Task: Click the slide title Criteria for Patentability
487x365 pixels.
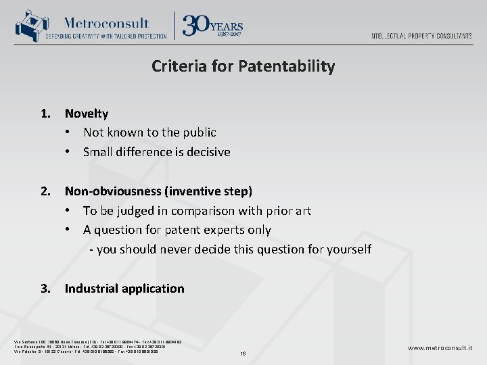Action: [x=243, y=66]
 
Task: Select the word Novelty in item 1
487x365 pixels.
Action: [x=87, y=114]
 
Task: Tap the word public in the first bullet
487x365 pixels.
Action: [x=198, y=132]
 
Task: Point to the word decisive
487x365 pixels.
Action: [x=207, y=152]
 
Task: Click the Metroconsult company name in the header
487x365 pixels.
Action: [x=107, y=22]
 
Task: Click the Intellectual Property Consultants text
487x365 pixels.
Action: [x=421, y=36]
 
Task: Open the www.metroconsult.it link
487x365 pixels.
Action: [x=440, y=347]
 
